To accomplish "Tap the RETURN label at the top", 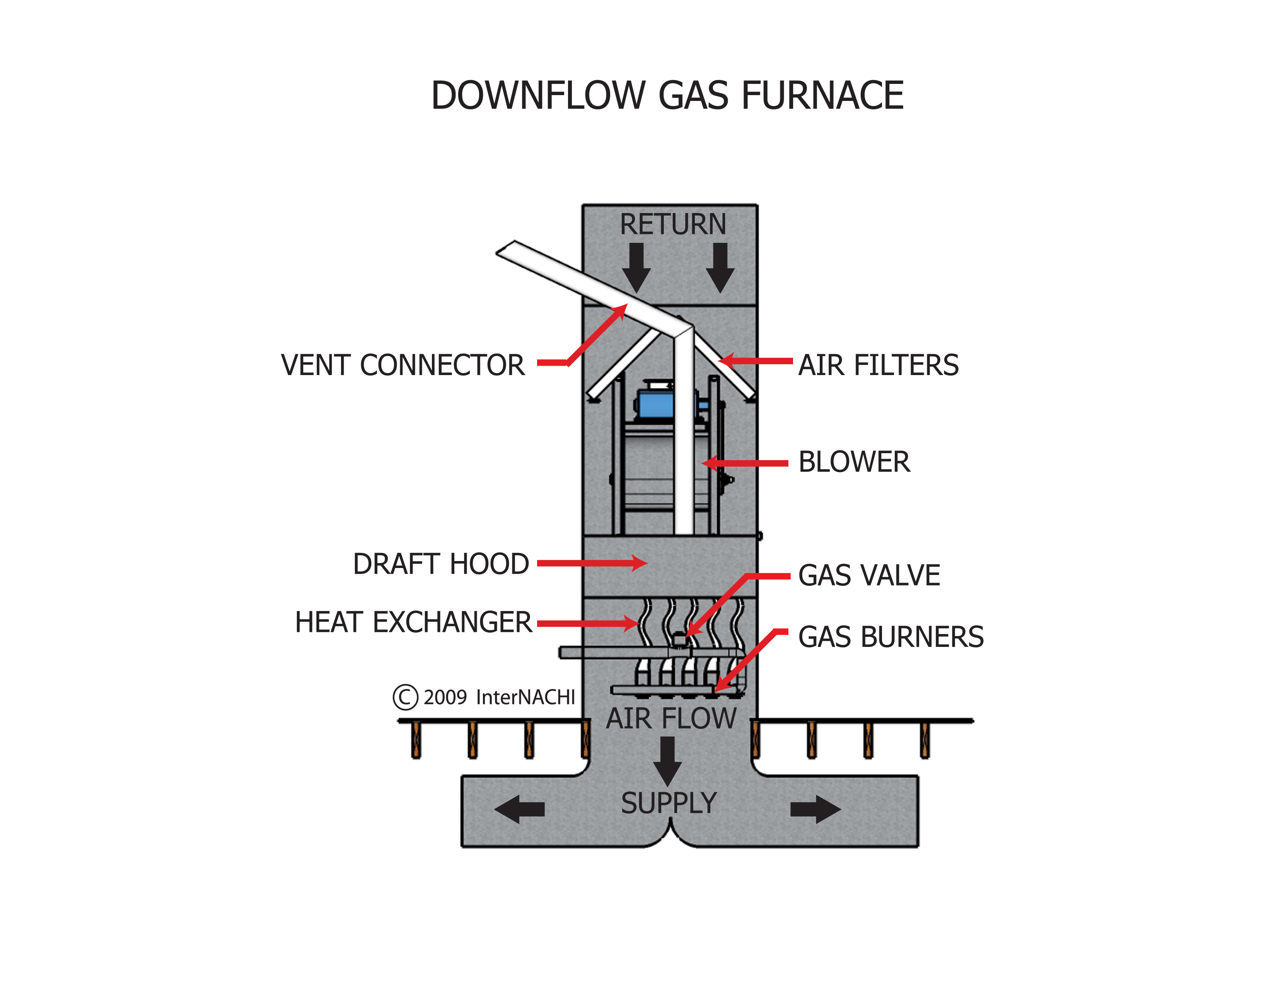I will (673, 224).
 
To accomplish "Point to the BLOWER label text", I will (854, 462).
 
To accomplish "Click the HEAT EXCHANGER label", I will (413, 622).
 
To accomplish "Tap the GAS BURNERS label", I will (890, 637).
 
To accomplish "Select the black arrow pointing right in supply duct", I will (815, 810).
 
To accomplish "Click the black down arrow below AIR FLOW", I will (667, 761).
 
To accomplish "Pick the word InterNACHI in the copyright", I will (525, 698).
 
